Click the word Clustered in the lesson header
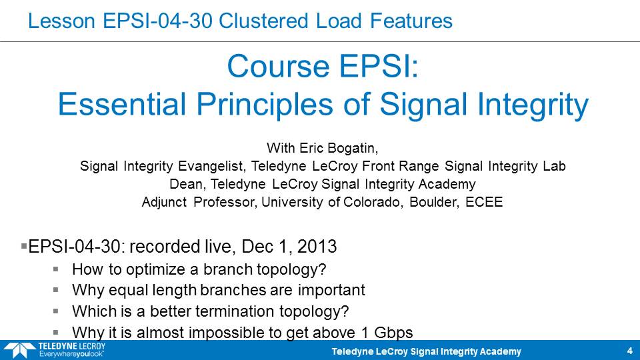click(264, 21)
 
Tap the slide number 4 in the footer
click(629, 351)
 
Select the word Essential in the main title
click(121, 104)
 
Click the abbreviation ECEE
click(484, 202)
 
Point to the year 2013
click(317, 247)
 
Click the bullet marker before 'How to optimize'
click(55, 269)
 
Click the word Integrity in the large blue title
click(533, 105)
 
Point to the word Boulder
click(433, 202)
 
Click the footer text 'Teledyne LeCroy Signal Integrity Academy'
click(426, 351)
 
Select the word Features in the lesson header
click(411, 21)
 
